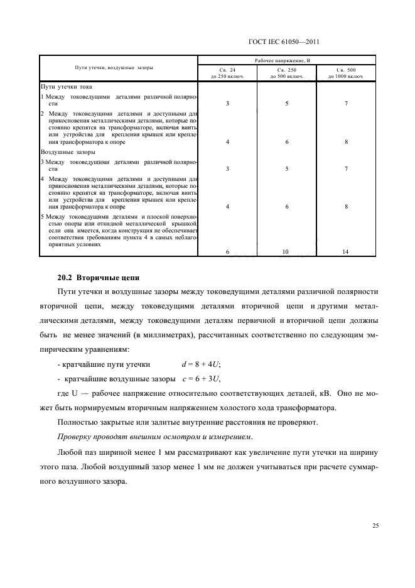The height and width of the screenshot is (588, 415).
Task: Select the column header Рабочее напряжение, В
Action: click(x=287, y=60)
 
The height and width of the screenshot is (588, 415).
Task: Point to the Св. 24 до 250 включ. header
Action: click(x=227, y=73)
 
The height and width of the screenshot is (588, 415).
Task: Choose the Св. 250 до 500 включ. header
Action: click(x=287, y=73)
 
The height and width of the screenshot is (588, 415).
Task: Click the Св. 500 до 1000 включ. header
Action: click(x=346, y=73)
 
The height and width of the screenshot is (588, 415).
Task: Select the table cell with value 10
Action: click(x=287, y=251)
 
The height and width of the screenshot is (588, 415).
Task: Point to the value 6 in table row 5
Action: click(x=227, y=251)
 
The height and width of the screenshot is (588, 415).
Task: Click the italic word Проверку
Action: click(x=77, y=437)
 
